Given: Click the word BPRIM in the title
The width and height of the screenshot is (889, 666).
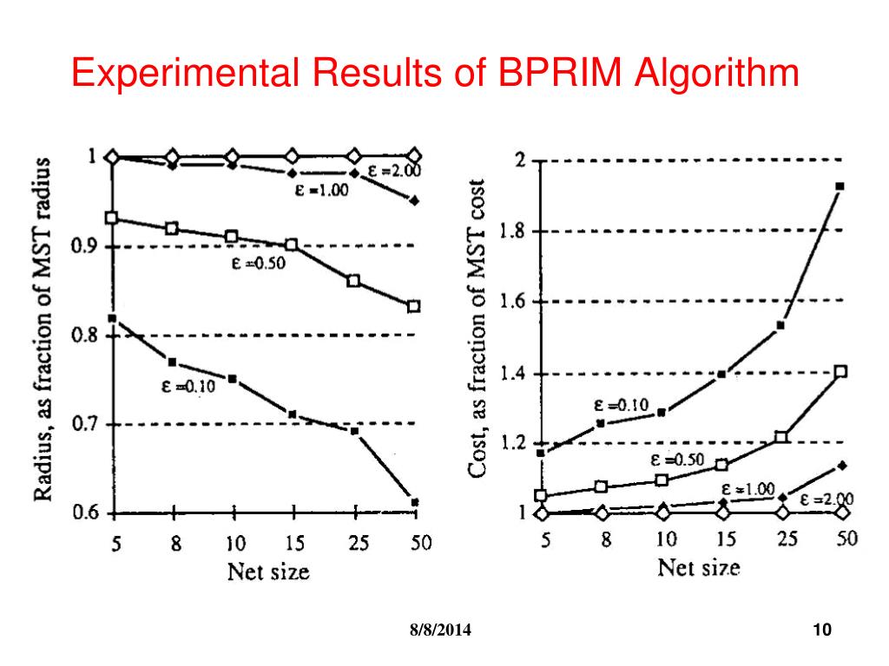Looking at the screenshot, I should [x=559, y=73].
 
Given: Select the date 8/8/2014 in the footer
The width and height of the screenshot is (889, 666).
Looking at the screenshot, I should [x=441, y=630].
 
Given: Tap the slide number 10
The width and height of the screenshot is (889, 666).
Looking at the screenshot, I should [x=822, y=630].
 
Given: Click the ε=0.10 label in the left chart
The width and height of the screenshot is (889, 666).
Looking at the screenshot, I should [x=188, y=387].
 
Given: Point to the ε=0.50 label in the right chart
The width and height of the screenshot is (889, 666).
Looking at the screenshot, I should [x=677, y=460].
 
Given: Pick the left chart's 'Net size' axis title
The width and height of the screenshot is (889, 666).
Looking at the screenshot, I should [x=268, y=571].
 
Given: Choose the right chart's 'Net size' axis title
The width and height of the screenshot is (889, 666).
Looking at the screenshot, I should [x=699, y=569].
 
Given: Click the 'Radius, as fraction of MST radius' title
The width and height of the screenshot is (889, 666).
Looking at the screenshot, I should [x=43, y=330].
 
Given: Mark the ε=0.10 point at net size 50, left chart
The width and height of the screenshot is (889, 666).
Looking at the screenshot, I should [x=415, y=502].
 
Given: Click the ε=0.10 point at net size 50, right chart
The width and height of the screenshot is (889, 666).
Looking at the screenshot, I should [x=840, y=186].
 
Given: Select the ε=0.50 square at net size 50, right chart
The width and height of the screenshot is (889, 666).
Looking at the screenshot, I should [x=840, y=372].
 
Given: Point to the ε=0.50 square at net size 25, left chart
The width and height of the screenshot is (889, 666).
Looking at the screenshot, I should [x=353, y=281].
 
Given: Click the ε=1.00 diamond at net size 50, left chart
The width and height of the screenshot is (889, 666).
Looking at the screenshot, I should [x=414, y=201].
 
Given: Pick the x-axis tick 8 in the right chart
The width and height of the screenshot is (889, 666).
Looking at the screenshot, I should [x=606, y=539].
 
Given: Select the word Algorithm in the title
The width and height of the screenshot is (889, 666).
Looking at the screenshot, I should [x=716, y=73].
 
